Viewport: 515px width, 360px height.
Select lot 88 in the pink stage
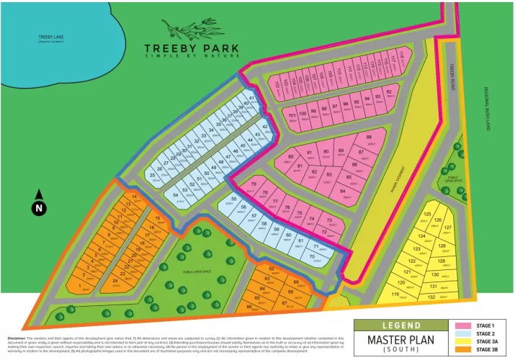point(370,138)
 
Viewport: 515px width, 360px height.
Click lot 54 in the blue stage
point(176,195)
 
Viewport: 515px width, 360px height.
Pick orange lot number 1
point(79,285)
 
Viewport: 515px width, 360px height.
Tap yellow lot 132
point(431,297)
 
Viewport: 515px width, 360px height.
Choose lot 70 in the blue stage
point(311,257)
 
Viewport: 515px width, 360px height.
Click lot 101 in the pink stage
point(292,115)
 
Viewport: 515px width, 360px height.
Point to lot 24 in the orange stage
point(115,282)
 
